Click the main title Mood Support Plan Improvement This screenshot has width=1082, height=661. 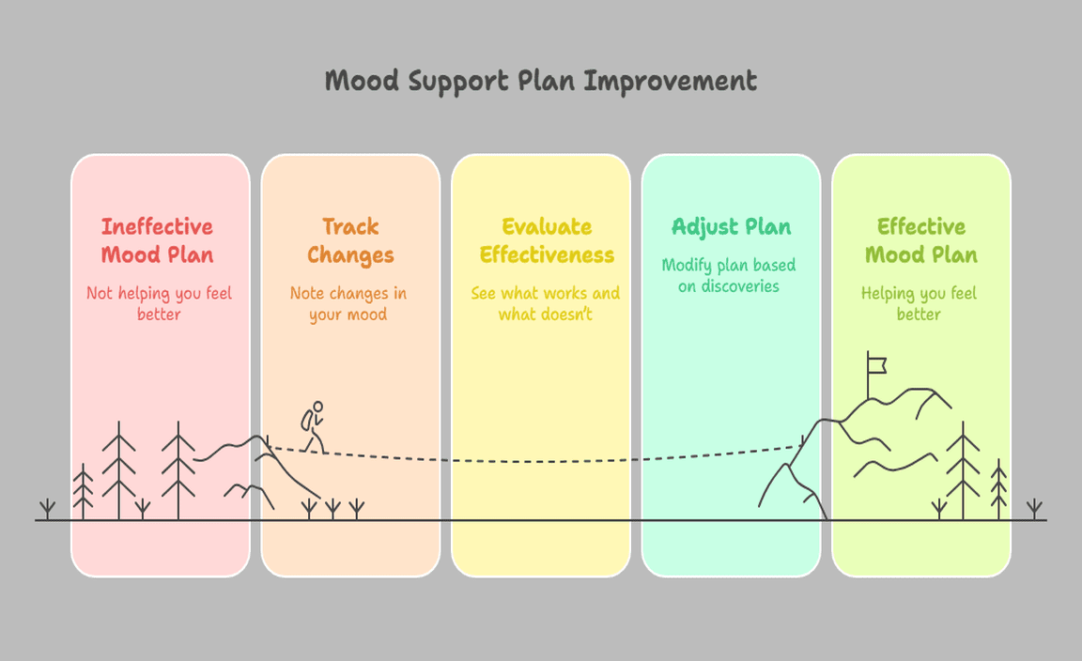[x=540, y=81]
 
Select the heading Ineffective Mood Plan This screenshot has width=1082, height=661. [x=158, y=240]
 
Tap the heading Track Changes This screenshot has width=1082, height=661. [x=350, y=240]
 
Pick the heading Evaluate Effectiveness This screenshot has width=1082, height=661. [x=547, y=240]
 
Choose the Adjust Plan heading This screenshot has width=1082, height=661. [x=731, y=227]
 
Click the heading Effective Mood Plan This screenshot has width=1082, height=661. [x=920, y=240]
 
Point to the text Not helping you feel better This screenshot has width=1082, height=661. [x=159, y=303]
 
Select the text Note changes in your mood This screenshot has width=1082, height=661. [x=348, y=303]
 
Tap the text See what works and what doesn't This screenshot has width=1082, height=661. [x=546, y=303]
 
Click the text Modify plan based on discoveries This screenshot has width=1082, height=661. [x=729, y=275]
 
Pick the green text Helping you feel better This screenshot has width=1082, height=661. [x=919, y=303]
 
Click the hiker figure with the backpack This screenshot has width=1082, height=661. [x=313, y=427]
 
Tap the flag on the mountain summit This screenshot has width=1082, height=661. [x=877, y=362]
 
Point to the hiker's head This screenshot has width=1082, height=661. [x=317, y=407]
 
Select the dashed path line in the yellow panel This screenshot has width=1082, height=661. [x=540, y=460]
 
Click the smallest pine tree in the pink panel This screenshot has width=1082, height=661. [x=84, y=491]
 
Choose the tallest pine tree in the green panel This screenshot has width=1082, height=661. [x=963, y=469]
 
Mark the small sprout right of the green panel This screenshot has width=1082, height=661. [x=1034, y=510]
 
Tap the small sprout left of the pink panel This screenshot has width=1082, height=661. [x=46, y=510]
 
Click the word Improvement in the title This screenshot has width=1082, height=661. [x=670, y=81]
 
